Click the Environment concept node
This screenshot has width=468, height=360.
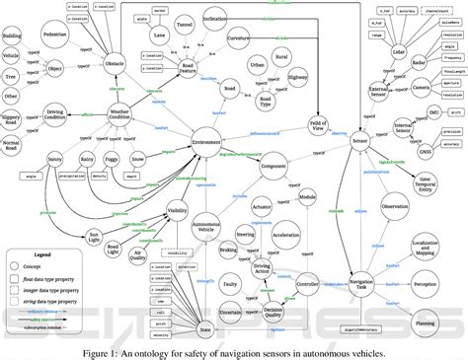tap(205, 142)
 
